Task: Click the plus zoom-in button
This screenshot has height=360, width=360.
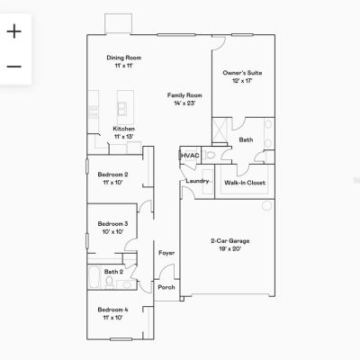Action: pyautogui.click(x=14, y=31)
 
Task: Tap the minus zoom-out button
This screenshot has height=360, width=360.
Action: pyautogui.click(x=14, y=67)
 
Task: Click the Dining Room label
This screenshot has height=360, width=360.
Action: pyautogui.click(x=124, y=58)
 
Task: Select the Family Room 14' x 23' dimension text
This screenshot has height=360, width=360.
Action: pyautogui.click(x=184, y=103)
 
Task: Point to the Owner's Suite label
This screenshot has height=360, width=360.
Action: pyautogui.click(x=242, y=73)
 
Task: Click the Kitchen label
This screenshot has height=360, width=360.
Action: pyautogui.click(x=124, y=129)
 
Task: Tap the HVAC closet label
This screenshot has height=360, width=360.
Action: pyautogui.click(x=190, y=156)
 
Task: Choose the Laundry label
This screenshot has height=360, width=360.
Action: pyautogui.click(x=197, y=181)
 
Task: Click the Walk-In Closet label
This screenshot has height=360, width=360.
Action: pyautogui.click(x=245, y=183)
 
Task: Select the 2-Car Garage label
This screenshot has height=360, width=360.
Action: pyautogui.click(x=230, y=240)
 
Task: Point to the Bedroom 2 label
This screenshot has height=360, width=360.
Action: pyautogui.click(x=112, y=175)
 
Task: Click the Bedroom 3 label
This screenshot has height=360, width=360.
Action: pyautogui.click(x=112, y=224)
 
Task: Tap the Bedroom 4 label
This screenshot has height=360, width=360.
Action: pyautogui.click(x=112, y=310)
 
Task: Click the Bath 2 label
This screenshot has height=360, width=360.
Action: pyautogui.click(x=113, y=272)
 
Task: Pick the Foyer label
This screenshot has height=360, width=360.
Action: pyautogui.click(x=166, y=253)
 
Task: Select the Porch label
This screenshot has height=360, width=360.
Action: pyautogui.click(x=166, y=287)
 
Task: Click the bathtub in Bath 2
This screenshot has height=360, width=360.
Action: pyautogui.click(x=94, y=277)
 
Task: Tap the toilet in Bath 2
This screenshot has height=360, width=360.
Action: pyautogui.click(x=109, y=282)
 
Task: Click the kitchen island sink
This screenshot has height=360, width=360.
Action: pyautogui.click(x=121, y=109)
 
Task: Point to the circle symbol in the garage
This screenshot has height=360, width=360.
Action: pyautogui.click(x=266, y=206)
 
